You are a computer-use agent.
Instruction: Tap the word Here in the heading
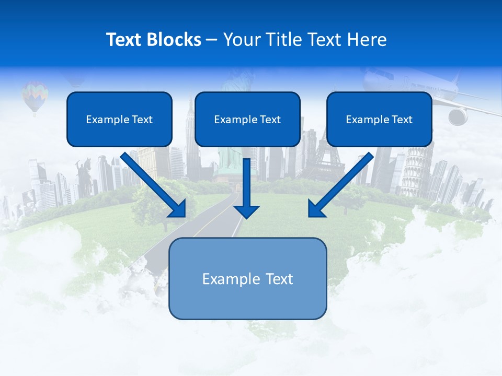coord(368,40)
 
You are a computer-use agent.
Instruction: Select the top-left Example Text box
coord(119,119)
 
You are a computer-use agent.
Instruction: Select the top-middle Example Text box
coord(247,119)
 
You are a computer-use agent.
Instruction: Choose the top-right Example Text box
coord(379,119)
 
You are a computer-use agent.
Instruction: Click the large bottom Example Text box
coord(247,278)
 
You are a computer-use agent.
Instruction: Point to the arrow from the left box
coord(154,185)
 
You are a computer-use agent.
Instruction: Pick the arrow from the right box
coord(340,185)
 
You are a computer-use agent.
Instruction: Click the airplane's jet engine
coord(458,116)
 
